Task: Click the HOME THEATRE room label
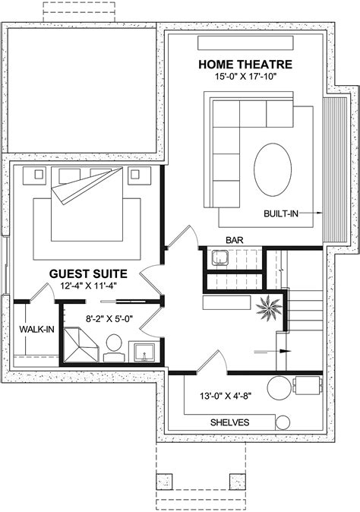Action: (x=242, y=64)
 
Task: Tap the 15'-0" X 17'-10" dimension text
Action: (x=242, y=76)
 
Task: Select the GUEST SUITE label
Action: (x=88, y=273)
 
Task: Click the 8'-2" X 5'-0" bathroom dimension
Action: (x=109, y=320)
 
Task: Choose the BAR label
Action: (x=235, y=240)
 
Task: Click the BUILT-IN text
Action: (x=280, y=214)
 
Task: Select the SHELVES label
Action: (x=229, y=422)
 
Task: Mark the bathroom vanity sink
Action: (x=144, y=351)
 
